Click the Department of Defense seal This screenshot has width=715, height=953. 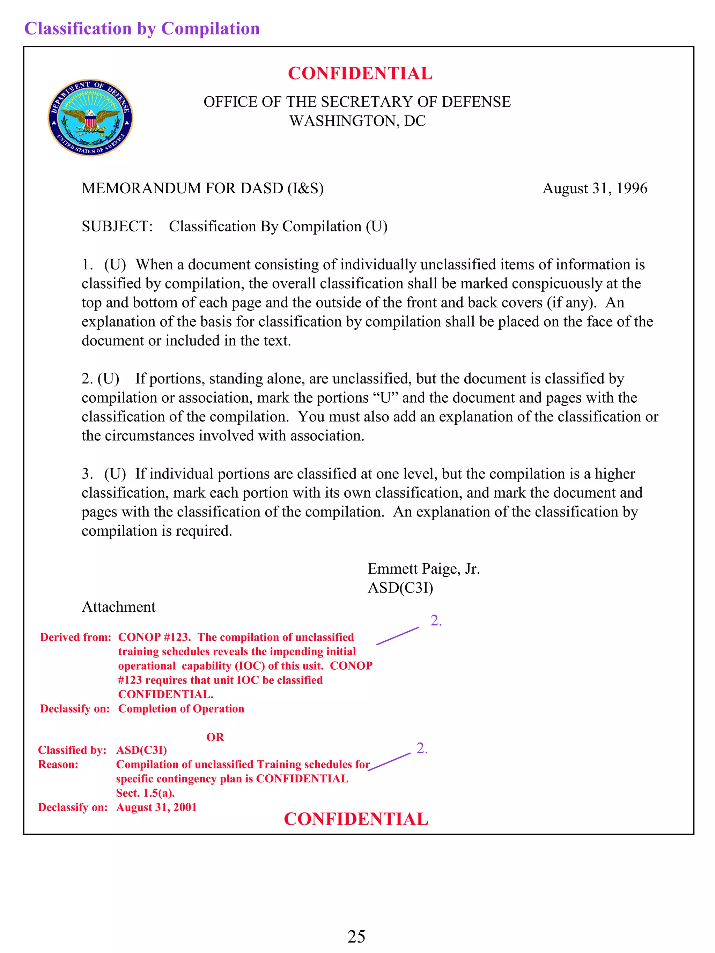pyautogui.click(x=90, y=118)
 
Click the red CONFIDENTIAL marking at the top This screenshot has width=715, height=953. pyautogui.click(x=360, y=73)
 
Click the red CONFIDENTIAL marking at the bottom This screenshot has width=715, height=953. pyautogui.click(x=356, y=819)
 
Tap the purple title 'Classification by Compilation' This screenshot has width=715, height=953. pyautogui.click(x=142, y=28)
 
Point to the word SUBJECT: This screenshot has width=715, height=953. pyautogui.click(x=117, y=226)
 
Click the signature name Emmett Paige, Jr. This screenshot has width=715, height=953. pyautogui.click(x=423, y=569)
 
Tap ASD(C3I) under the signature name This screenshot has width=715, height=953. pyautogui.click(x=400, y=588)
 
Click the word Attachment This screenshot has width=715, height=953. pyautogui.click(x=118, y=606)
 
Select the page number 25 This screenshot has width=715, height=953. pyautogui.click(x=356, y=936)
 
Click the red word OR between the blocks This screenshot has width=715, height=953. pyautogui.click(x=215, y=737)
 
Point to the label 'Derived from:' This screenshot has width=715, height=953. pyautogui.click(x=76, y=637)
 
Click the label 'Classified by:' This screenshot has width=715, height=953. pyautogui.click(x=72, y=750)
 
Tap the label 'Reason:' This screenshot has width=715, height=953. pyautogui.click(x=58, y=764)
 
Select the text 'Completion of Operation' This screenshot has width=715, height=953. pyautogui.click(x=181, y=709)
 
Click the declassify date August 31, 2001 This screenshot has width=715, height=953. pyautogui.click(x=156, y=807)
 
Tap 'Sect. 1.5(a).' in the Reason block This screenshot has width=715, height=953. pyautogui.click(x=145, y=793)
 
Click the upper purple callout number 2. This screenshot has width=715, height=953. pyautogui.click(x=436, y=620)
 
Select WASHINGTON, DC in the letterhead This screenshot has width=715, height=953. pyautogui.click(x=357, y=121)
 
